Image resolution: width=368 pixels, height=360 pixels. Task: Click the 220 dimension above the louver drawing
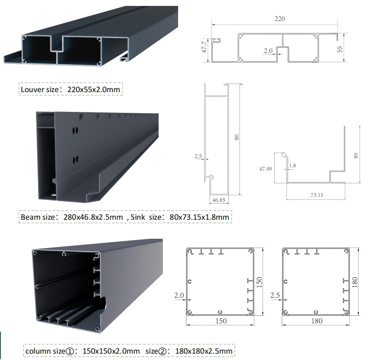(280, 19)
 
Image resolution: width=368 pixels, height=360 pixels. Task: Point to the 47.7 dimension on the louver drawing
(204, 47)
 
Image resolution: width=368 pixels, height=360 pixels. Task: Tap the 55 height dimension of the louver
(340, 49)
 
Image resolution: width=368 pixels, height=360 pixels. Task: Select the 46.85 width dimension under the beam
(219, 200)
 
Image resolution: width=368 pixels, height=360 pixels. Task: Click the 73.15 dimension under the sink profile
(316, 195)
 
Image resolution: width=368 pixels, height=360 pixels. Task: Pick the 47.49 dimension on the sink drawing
(266, 169)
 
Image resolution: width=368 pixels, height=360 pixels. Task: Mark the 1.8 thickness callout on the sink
(292, 166)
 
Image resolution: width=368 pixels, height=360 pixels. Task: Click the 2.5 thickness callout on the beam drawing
(198, 156)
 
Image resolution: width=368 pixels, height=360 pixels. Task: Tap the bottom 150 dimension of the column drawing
(221, 321)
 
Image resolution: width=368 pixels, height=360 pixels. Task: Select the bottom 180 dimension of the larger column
(316, 321)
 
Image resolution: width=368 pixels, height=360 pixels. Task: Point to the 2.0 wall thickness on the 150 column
(179, 295)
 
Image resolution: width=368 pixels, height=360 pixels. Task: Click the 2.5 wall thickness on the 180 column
(275, 295)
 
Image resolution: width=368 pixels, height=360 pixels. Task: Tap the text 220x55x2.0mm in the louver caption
(93, 90)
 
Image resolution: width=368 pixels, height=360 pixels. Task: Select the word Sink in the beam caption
(138, 217)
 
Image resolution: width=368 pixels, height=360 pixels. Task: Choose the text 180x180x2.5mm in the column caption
(204, 351)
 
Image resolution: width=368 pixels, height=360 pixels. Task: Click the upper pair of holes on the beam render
(75, 130)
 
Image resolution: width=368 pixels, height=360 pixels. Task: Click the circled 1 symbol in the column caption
(70, 351)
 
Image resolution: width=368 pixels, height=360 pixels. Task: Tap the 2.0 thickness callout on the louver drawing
(268, 51)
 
